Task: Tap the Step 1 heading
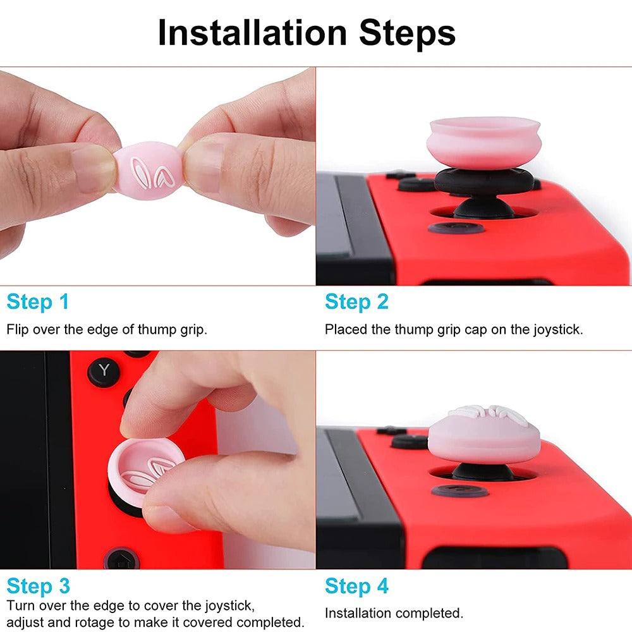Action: click(38, 302)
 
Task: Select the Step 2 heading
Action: click(356, 302)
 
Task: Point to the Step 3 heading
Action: click(38, 586)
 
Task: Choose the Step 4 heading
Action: click(356, 586)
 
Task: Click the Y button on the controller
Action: click(104, 371)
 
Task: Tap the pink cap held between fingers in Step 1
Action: click(149, 170)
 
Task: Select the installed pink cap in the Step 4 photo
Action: click(483, 436)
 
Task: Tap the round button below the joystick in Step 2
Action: click(456, 228)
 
